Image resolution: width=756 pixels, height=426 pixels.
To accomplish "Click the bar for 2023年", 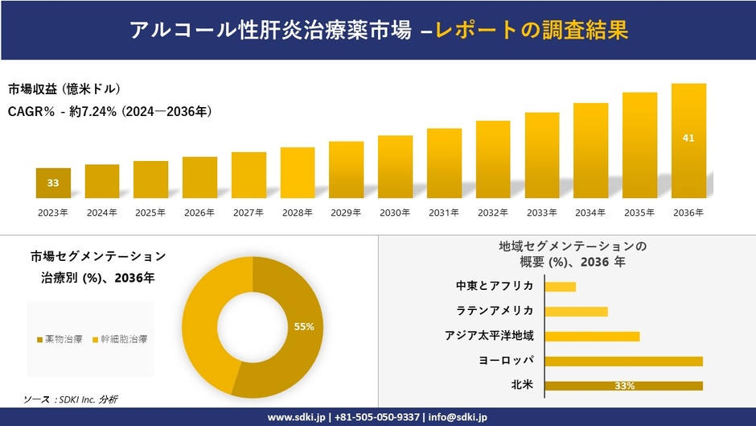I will click(x=53, y=184).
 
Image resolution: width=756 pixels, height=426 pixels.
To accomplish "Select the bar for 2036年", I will click(x=688, y=141).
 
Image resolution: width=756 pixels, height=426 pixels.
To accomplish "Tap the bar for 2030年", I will click(x=395, y=167).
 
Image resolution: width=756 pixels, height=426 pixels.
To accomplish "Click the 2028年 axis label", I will click(x=297, y=213).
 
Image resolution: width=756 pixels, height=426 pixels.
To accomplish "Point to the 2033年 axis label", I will click(x=541, y=213).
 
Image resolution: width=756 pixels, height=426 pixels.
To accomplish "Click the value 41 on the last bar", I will click(x=688, y=139).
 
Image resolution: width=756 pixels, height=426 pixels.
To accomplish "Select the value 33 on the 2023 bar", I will click(x=53, y=183).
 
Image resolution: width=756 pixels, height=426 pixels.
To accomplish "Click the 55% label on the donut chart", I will click(x=303, y=326).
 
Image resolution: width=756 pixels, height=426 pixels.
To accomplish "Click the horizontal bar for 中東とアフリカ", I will click(x=560, y=287).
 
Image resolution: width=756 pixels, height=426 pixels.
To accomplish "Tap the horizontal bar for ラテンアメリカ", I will click(x=576, y=312).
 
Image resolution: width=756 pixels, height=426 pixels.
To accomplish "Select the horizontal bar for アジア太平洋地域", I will click(x=592, y=337).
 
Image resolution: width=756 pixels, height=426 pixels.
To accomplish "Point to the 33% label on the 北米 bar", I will click(x=624, y=386).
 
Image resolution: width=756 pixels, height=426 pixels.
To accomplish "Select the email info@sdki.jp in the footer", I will click(x=454, y=417).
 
